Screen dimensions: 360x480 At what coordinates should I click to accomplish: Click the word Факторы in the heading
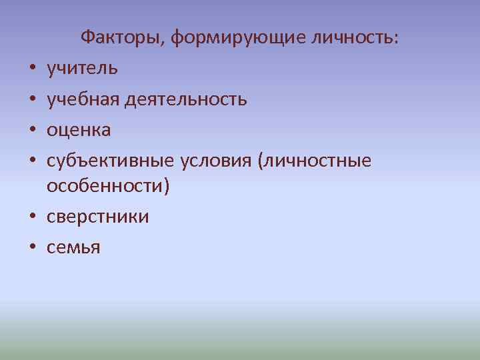(x=122, y=38)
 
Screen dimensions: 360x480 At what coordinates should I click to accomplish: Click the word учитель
(x=83, y=68)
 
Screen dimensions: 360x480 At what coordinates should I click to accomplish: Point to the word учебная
(x=84, y=99)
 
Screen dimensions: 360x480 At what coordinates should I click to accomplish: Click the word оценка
(x=79, y=130)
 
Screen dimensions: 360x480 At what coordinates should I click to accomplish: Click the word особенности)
(x=108, y=187)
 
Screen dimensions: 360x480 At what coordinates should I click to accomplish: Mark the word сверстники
(x=98, y=217)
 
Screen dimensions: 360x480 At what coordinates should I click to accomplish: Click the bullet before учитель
(x=32, y=69)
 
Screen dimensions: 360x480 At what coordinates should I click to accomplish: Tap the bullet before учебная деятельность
(x=32, y=100)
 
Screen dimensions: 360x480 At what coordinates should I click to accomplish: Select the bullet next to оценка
(x=32, y=131)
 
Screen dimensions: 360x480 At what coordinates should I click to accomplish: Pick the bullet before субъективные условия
(x=32, y=161)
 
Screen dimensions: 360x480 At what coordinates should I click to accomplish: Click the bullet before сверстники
(x=32, y=218)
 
